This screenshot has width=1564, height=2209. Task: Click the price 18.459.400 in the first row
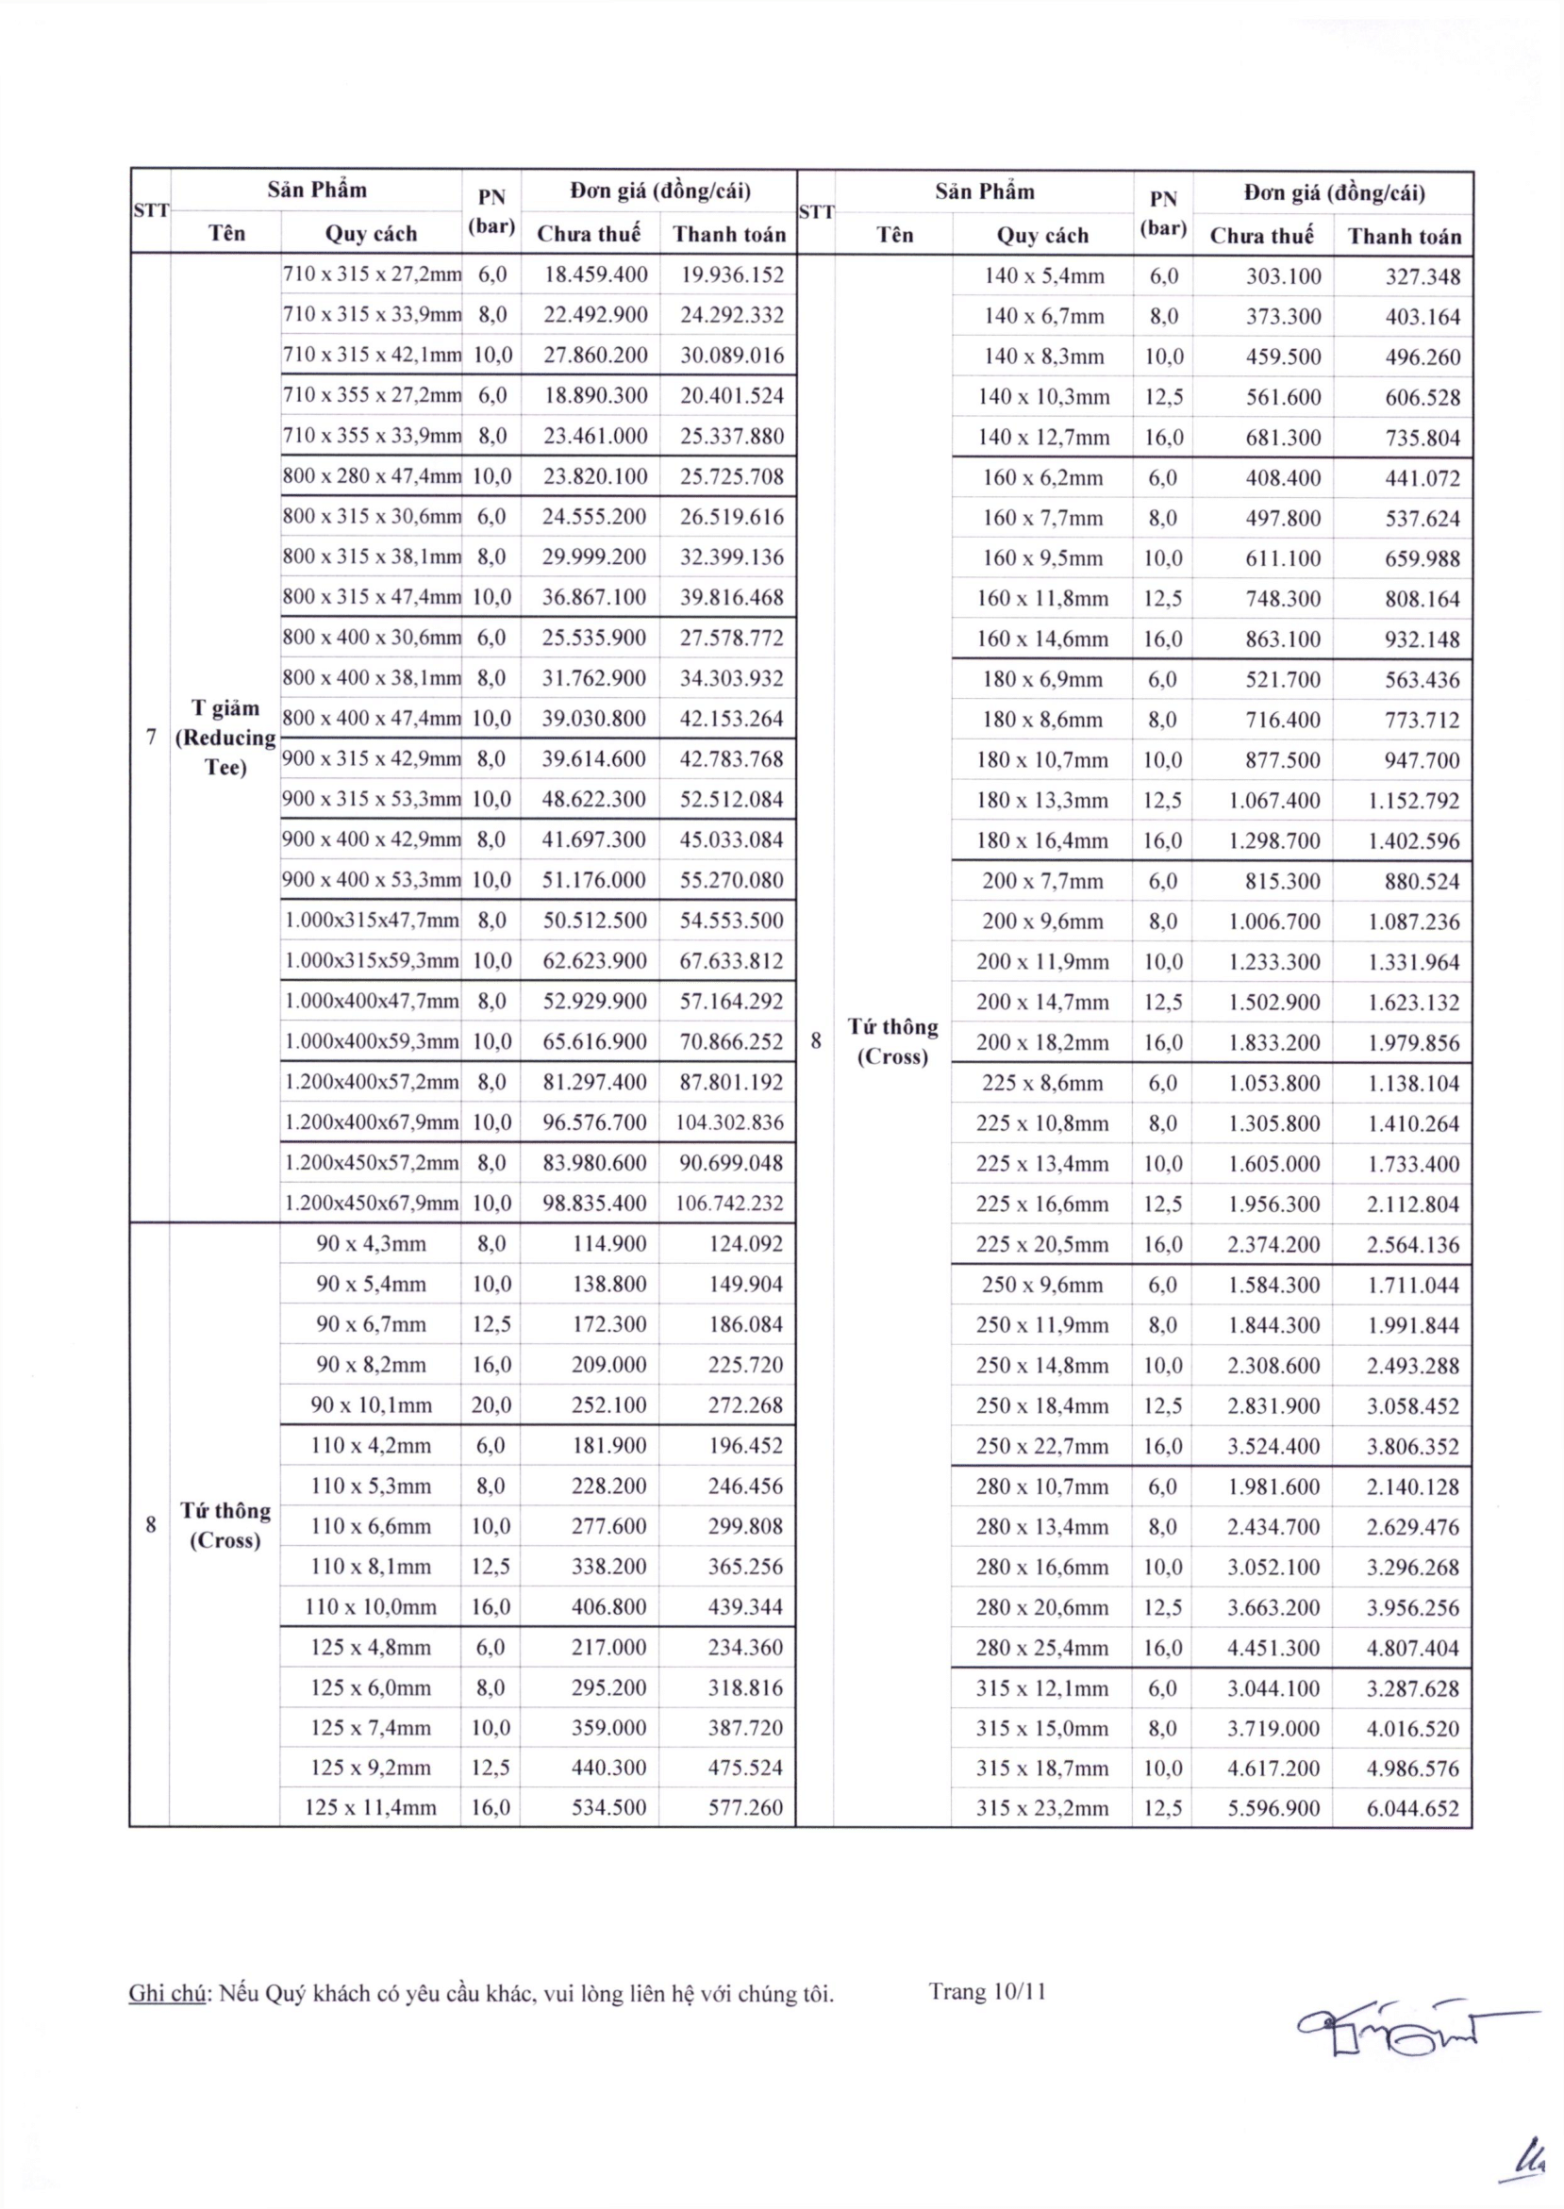click(595, 274)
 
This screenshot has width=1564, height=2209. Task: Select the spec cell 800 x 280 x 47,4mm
click(372, 475)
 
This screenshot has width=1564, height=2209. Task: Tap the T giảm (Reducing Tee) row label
click(225, 738)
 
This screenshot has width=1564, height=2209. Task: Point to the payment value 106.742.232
click(729, 1203)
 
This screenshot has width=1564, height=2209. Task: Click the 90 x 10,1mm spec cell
click(371, 1405)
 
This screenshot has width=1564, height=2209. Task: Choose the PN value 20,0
click(491, 1405)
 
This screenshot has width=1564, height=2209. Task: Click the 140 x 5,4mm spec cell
click(1042, 276)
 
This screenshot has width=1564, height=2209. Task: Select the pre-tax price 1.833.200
click(1273, 1043)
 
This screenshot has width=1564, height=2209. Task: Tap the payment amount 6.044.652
click(1413, 1808)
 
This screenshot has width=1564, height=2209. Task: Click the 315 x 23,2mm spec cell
click(1042, 1808)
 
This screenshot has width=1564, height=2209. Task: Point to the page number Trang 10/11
click(987, 1991)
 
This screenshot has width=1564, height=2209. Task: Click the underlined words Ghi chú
click(167, 1993)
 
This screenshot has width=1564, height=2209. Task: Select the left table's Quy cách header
click(371, 233)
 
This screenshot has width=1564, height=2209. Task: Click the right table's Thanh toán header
click(1405, 236)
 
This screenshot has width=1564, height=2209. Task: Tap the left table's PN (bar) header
click(491, 212)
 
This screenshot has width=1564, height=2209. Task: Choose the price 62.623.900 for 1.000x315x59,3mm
click(594, 961)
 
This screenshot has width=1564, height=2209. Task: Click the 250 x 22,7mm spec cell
click(1042, 1446)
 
